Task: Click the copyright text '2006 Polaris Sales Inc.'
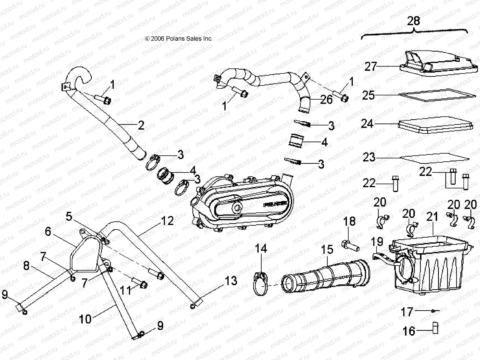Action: (x=178, y=39)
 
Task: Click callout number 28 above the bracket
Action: (x=413, y=21)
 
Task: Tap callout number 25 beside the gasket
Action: (x=368, y=95)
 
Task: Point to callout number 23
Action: (x=369, y=157)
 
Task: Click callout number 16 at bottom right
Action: (x=409, y=331)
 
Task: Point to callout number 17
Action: (x=407, y=312)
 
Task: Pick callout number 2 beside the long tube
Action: (x=141, y=125)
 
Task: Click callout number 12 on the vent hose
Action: (x=167, y=221)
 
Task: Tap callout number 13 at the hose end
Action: (x=231, y=281)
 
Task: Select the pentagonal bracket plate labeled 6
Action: (x=87, y=256)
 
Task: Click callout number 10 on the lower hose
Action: (x=85, y=319)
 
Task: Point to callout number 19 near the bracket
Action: (x=377, y=241)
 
